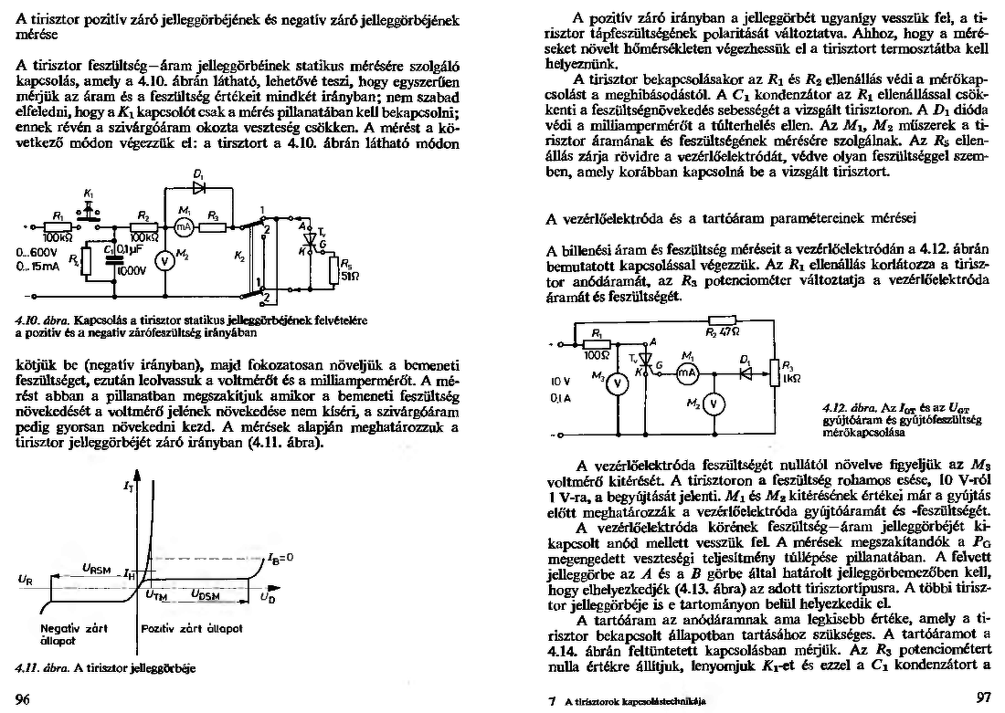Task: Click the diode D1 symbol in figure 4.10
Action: pos(200,187)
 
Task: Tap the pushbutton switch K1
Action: pos(89,207)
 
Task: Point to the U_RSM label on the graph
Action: pos(96,568)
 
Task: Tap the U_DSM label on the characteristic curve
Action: pos(206,594)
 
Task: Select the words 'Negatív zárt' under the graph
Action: pos(69,629)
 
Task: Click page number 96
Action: pos(24,698)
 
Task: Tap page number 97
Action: pos(983,698)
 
